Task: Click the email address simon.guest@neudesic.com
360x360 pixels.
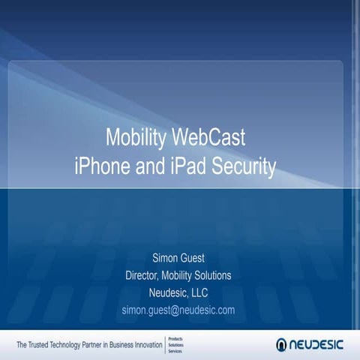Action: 178,310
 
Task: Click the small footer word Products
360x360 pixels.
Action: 174,338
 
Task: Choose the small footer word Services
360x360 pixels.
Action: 174,350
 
